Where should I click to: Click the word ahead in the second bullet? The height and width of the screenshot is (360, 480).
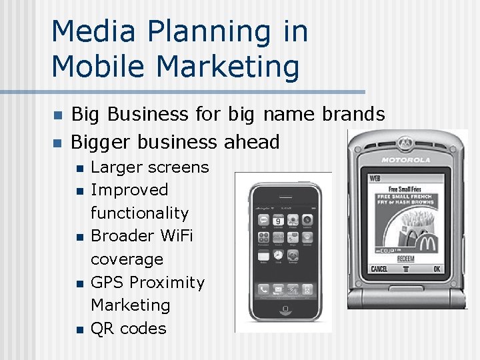[251, 141]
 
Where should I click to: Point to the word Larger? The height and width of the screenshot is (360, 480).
[117, 167]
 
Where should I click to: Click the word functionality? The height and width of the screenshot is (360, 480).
[139, 213]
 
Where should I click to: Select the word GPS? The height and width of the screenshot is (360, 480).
[108, 282]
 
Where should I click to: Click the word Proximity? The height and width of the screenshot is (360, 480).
[167, 282]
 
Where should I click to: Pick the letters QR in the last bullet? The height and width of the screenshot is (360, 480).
[102, 328]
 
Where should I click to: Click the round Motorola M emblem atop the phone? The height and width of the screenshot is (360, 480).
[405, 142]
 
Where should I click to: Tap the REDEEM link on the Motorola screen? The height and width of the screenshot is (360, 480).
[406, 258]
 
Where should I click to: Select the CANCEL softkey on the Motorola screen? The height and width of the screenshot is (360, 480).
[379, 269]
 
